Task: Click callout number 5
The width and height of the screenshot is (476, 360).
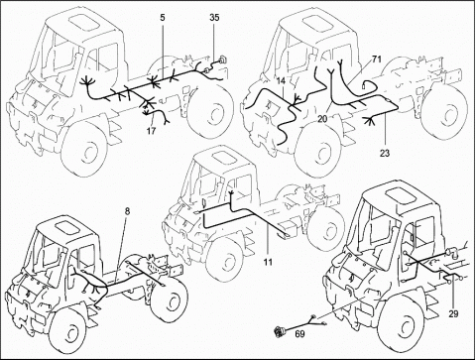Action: pyautogui.click(x=162, y=18)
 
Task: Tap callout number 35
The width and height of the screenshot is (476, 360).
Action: pyautogui.click(x=214, y=18)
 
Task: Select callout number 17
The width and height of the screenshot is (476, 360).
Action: pyautogui.click(x=151, y=131)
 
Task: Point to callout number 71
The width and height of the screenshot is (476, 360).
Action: pyautogui.click(x=377, y=60)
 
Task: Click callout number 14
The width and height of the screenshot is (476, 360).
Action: pyautogui.click(x=281, y=80)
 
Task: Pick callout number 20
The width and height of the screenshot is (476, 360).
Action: pyautogui.click(x=322, y=119)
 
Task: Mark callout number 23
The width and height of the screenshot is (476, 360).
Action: pyautogui.click(x=385, y=153)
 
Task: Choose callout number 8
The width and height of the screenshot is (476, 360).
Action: pyautogui.click(x=127, y=210)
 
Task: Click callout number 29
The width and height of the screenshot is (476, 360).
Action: pyautogui.click(x=454, y=313)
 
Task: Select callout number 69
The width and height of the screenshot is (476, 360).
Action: pyautogui.click(x=300, y=334)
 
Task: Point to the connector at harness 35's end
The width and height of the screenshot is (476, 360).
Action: pyautogui.click(x=223, y=60)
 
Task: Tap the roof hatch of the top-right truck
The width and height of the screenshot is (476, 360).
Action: pyautogui.click(x=318, y=25)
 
